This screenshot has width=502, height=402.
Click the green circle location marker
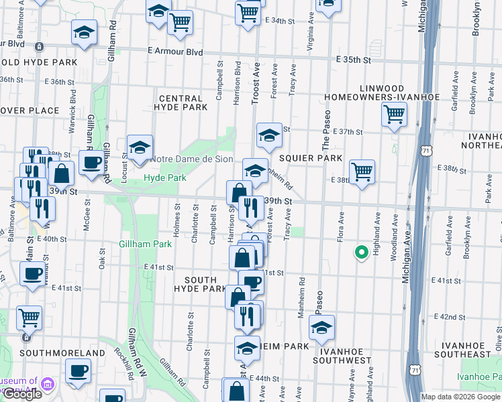pos(360,253)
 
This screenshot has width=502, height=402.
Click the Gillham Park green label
pos(142,245)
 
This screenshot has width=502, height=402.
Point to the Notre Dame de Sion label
pos(192,159)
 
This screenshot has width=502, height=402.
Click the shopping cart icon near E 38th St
pos(362,172)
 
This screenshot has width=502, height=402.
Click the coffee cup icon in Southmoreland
pos(79,370)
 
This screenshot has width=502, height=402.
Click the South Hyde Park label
pos(195,284)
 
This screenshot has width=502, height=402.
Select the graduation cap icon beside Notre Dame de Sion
pos(140,147)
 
